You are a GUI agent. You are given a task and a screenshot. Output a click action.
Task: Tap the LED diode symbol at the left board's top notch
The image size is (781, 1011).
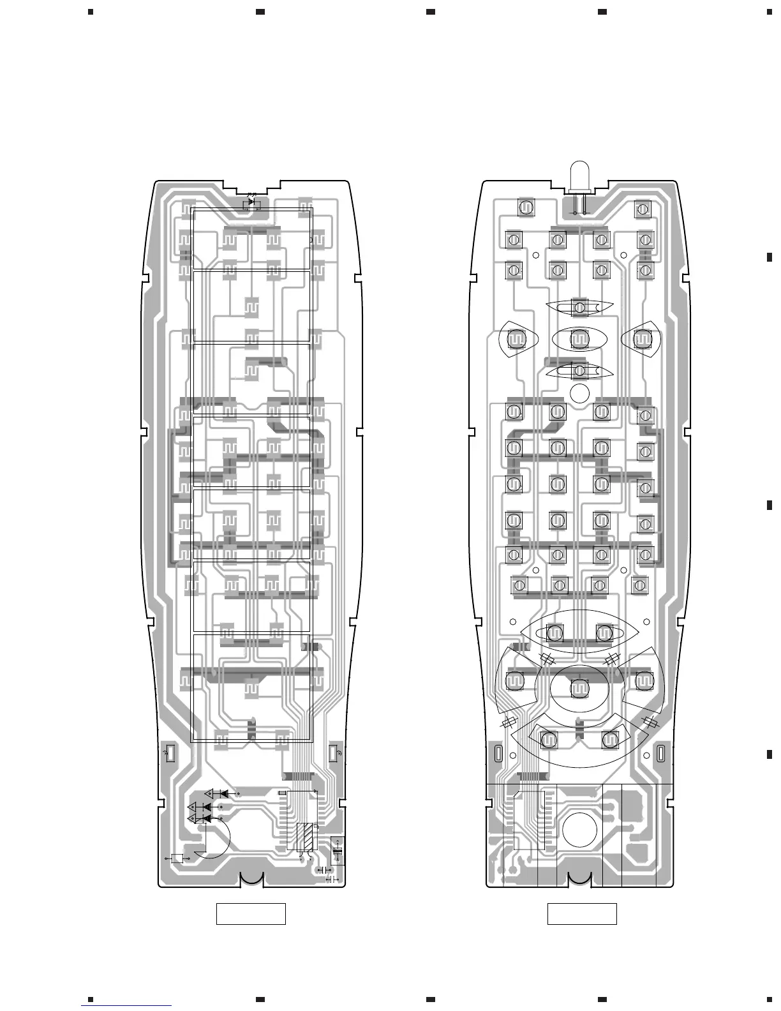251,202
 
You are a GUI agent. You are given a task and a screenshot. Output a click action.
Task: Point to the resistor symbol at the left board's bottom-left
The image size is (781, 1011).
178,858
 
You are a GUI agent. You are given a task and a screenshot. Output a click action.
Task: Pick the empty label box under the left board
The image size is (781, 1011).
251,913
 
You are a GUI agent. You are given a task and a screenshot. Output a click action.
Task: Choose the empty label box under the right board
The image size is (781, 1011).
582,913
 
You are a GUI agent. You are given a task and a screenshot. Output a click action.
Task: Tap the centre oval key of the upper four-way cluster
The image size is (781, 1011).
579,340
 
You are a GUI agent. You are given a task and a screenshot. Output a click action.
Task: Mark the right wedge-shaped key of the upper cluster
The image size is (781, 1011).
642,338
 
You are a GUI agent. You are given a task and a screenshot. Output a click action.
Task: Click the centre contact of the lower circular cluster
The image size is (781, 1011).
579,689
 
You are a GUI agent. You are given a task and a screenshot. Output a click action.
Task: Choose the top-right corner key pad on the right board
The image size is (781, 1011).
643,208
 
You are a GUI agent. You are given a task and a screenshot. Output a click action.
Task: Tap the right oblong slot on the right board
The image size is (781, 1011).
661,754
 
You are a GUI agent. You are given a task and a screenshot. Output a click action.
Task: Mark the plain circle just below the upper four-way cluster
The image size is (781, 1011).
579,393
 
